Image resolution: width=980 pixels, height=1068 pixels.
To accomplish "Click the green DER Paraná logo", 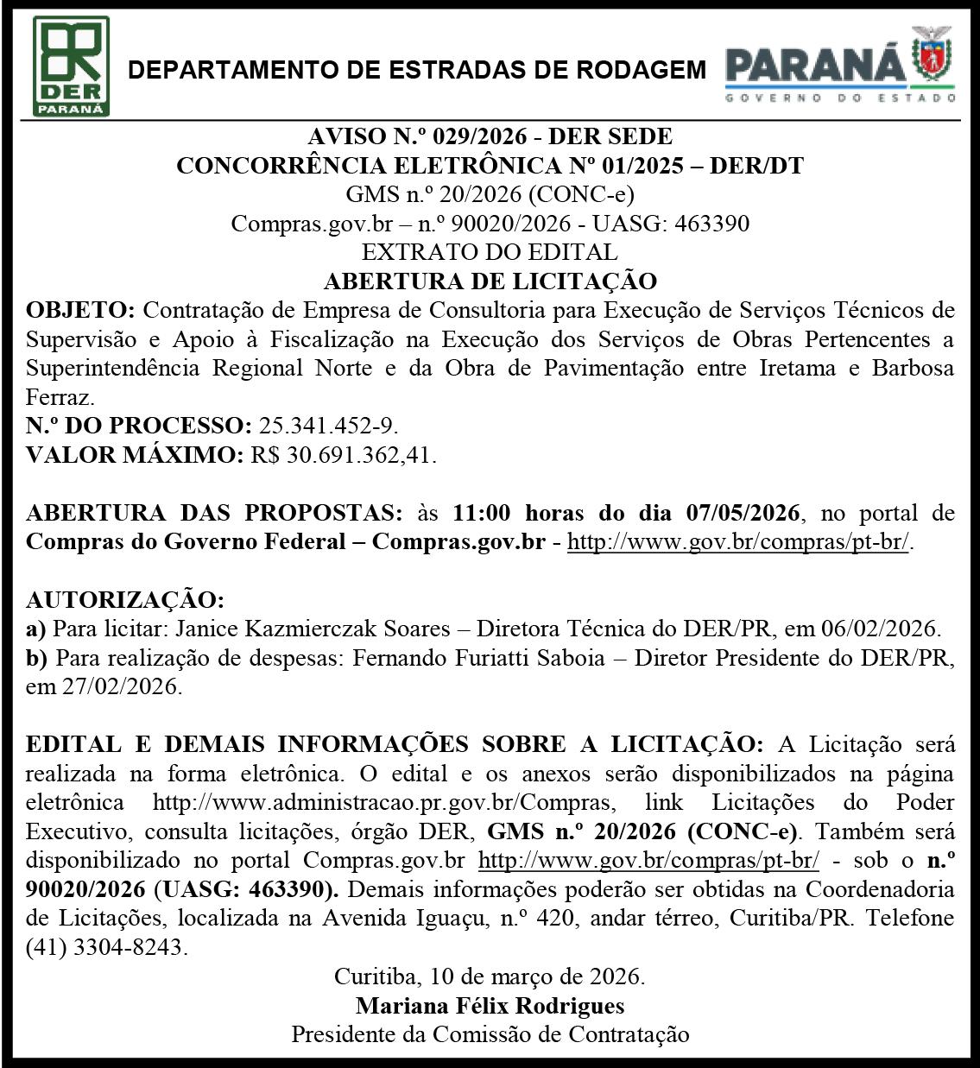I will [71, 66].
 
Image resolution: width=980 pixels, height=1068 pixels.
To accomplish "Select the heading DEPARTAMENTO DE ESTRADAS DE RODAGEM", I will [417, 70].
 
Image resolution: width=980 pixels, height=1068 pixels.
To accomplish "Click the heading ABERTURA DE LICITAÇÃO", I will [490, 281].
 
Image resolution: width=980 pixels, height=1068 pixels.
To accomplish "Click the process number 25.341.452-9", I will [328, 426].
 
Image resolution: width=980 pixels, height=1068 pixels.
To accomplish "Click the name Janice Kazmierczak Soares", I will [306, 629].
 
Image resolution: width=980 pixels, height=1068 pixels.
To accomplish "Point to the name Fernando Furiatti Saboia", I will [487, 658].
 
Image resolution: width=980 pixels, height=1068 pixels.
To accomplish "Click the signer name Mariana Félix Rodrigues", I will [490, 1006].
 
